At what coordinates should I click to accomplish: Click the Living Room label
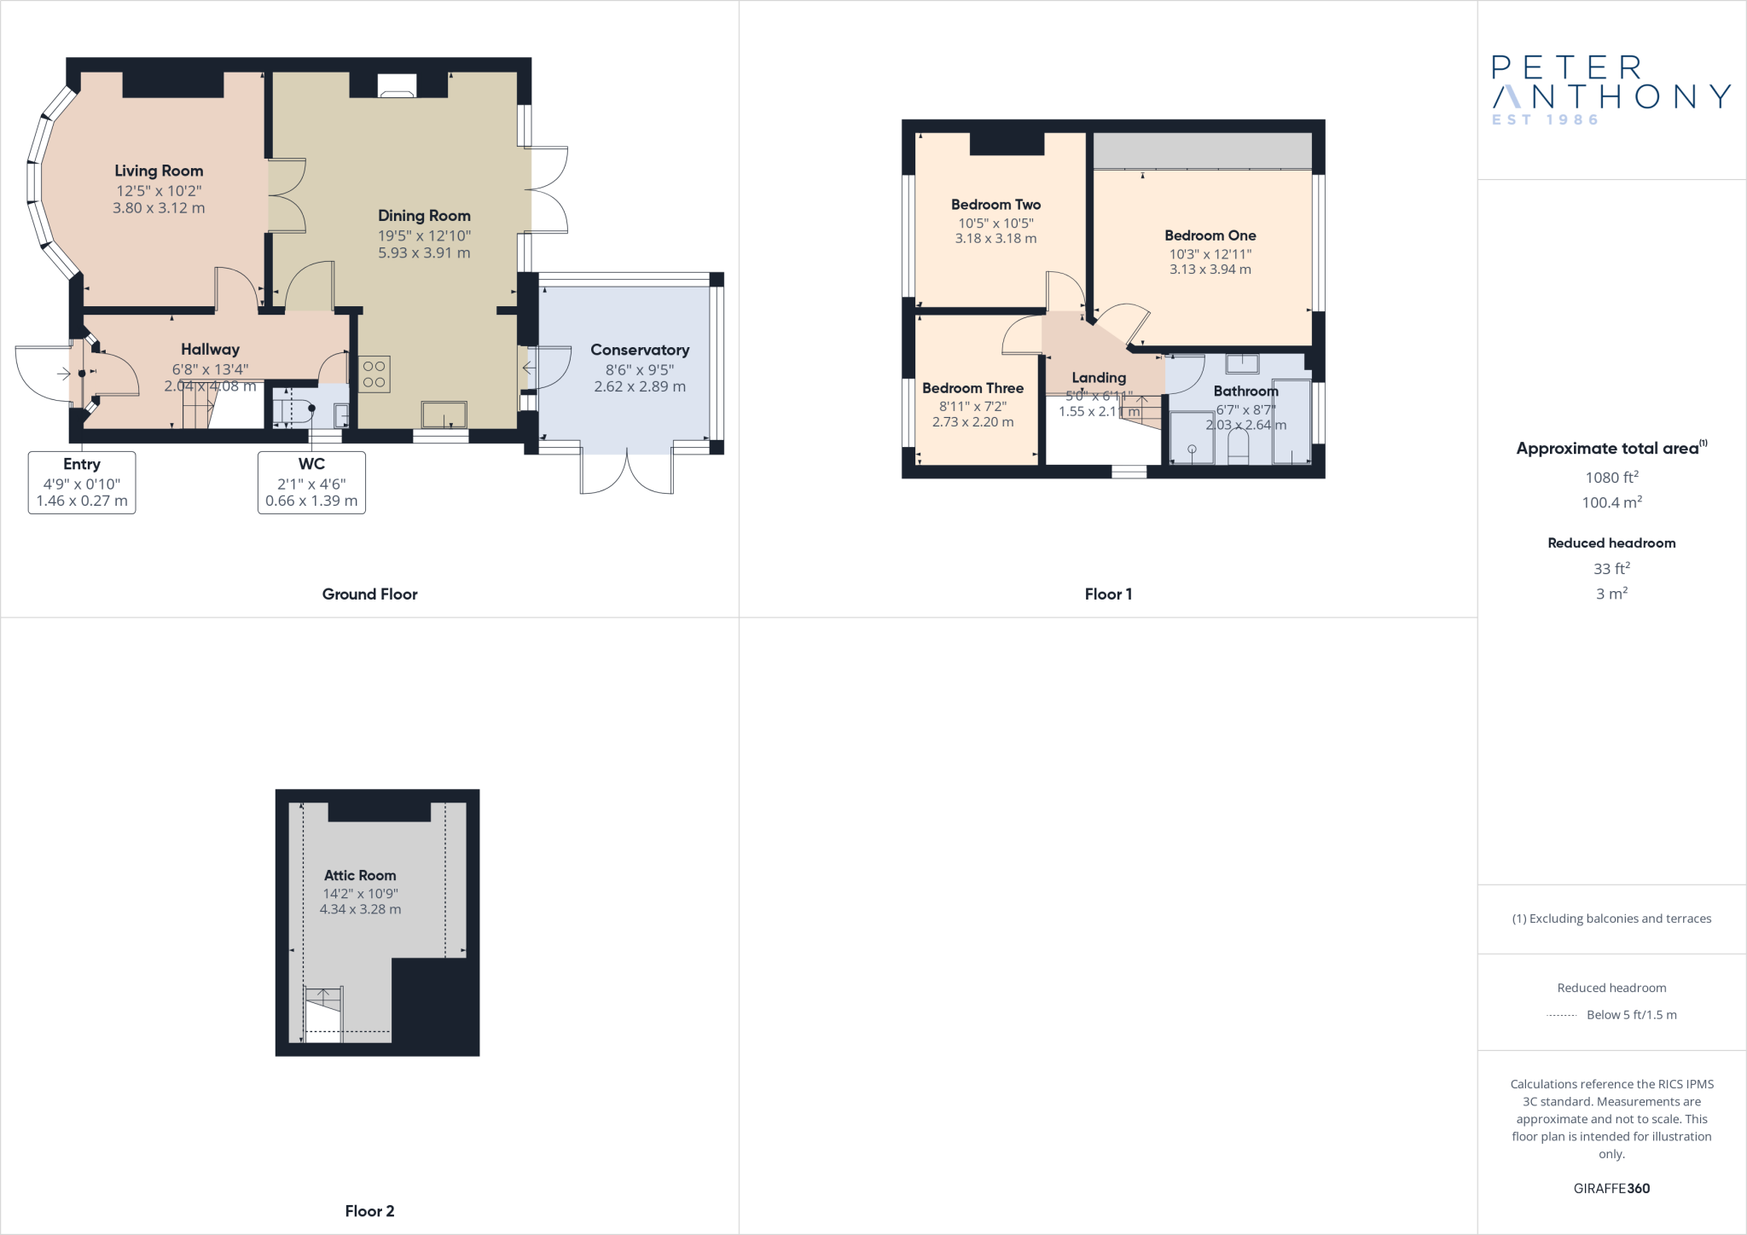(x=159, y=171)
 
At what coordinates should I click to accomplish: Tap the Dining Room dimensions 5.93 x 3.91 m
(x=424, y=253)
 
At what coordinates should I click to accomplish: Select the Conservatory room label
(x=640, y=350)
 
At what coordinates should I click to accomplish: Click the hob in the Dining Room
(x=374, y=374)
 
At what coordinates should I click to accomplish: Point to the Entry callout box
(x=82, y=482)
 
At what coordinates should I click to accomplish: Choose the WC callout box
(x=311, y=482)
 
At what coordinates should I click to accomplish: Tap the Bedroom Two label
(x=995, y=205)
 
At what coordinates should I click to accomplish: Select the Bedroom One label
(x=1210, y=235)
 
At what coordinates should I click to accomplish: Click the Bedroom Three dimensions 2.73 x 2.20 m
(x=972, y=422)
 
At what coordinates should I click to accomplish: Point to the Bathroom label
(x=1245, y=391)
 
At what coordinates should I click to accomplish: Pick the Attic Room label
(x=360, y=875)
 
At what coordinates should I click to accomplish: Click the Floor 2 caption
(x=369, y=1211)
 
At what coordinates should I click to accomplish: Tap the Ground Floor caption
(x=369, y=594)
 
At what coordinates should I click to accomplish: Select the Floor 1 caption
(x=1108, y=594)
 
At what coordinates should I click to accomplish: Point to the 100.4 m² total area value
(x=1611, y=502)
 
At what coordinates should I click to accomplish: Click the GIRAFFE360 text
(x=1611, y=1188)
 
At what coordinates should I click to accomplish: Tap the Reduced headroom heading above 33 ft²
(x=1611, y=543)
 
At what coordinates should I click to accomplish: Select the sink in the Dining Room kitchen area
(x=444, y=415)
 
